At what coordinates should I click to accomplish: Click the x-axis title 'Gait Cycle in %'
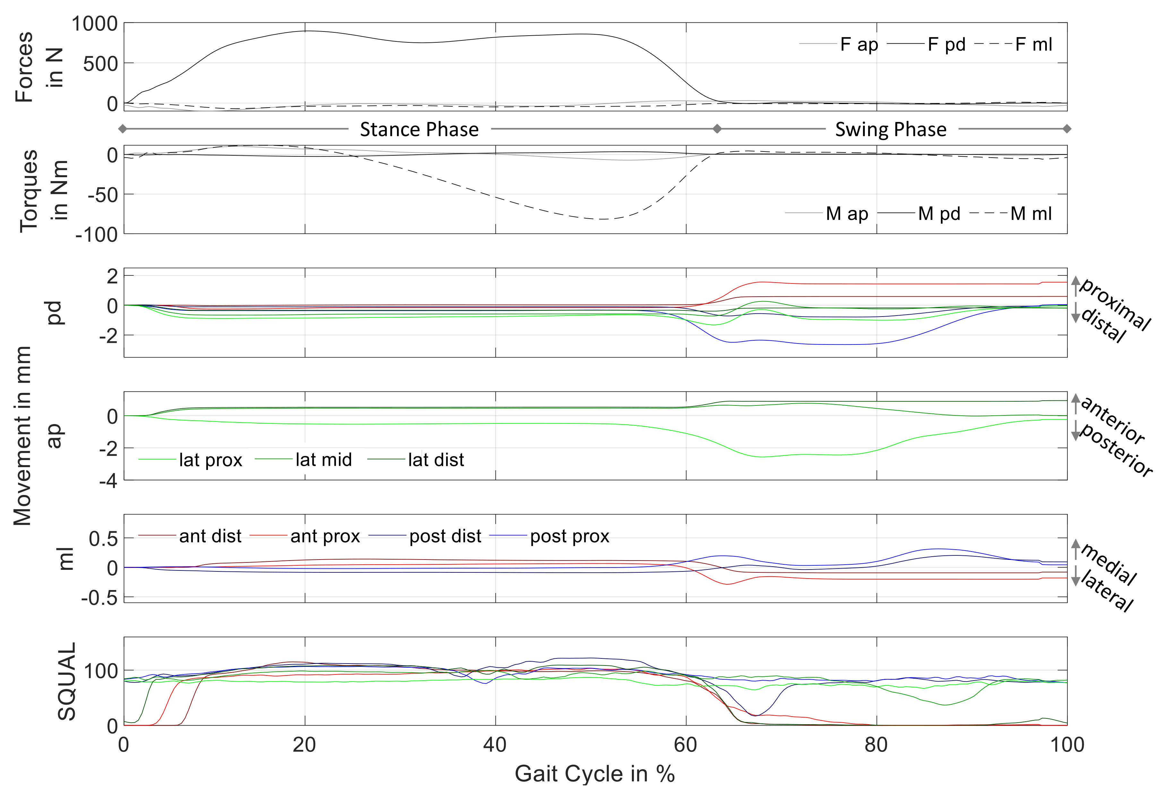click(595, 773)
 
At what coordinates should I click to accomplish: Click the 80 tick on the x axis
click(876, 745)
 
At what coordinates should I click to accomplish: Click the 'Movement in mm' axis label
click(22, 436)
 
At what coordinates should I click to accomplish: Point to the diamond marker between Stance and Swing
click(717, 129)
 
